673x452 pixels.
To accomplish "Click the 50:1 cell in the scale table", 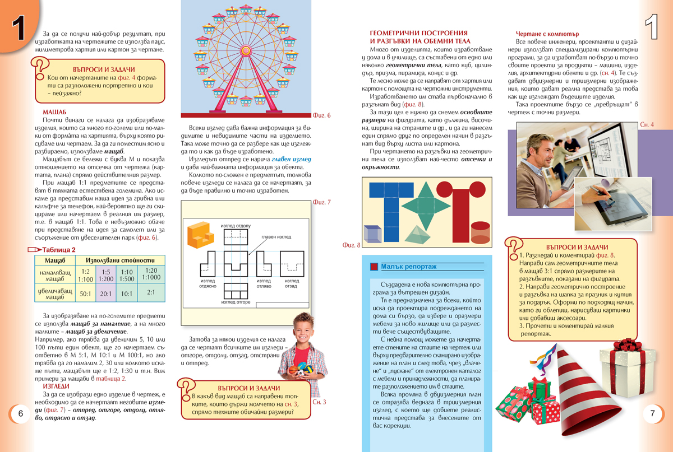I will (86, 293).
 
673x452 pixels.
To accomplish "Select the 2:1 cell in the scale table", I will (151, 292).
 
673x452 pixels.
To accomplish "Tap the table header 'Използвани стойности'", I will (120, 260).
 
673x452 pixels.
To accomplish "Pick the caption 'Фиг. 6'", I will (321, 116).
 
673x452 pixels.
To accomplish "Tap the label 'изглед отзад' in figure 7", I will (291, 283).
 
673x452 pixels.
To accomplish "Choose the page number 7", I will (652, 414).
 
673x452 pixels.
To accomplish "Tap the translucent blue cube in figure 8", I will (374, 234).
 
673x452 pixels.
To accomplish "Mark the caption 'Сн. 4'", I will (647, 124).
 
